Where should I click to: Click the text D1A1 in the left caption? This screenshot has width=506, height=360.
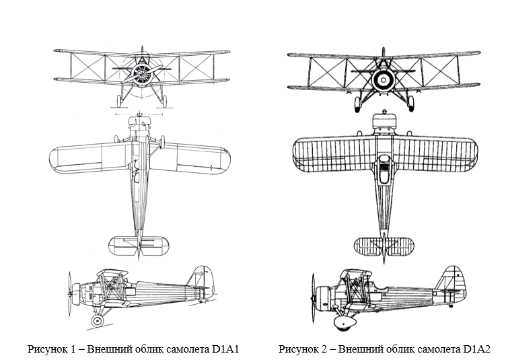point(227,349)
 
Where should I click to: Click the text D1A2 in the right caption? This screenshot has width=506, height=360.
point(477,349)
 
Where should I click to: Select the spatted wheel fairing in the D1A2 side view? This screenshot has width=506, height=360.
point(346,324)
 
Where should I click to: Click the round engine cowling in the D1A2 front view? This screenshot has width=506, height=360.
point(382,80)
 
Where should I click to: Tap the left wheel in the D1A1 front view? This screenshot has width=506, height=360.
point(120,101)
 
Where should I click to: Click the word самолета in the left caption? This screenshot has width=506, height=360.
point(184,349)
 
